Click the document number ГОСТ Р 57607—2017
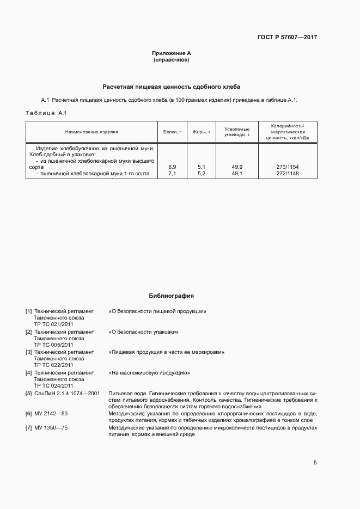click(x=287, y=38)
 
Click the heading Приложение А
click(x=172, y=53)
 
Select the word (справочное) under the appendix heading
click(x=172, y=59)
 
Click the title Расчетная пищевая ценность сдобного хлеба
click(x=172, y=87)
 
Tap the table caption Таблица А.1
click(x=46, y=113)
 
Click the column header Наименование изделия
click(x=91, y=132)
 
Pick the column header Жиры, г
click(x=202, y=132)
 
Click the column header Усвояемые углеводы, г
click(x=237, y=131)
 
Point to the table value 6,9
click(x=172, y=167)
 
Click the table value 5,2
click(x=202, y=174)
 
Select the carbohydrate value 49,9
click(x=237, y=167)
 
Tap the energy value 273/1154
click(x=288, y=167)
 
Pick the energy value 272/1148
click(x=288, y=174)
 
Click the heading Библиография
click(x=172, y=296)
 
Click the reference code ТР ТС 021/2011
click(x=53, y=324)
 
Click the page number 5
click(x=315, y=463)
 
